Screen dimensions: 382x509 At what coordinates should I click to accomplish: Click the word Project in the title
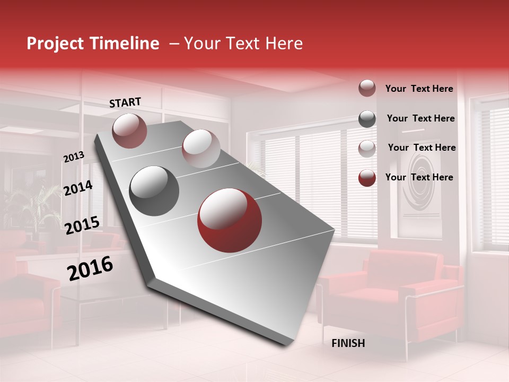[x=56, y=44]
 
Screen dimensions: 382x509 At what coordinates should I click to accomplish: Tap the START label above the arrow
[x=125, y=102]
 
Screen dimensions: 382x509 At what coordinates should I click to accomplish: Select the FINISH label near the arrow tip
[x=348, y=343]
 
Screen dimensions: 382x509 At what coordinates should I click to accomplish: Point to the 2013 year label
[x=74, y=157]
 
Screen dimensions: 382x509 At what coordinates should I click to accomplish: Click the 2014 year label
[x=78, y=188]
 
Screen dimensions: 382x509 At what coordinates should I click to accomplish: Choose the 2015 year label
[x=82, y=225]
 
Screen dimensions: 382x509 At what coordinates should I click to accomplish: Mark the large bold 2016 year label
[x=90, y=268]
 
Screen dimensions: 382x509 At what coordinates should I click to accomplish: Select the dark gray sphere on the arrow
[x=154, y=191]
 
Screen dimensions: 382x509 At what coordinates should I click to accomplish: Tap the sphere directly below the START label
[x=129, y=131]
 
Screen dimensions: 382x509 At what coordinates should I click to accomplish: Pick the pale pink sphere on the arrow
[x=201, y=149]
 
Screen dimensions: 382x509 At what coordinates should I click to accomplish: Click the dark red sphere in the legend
[x=367, y=178]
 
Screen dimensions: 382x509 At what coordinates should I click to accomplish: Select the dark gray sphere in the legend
[x=367, y=119]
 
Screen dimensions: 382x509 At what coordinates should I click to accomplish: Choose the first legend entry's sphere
[x=367, y=89]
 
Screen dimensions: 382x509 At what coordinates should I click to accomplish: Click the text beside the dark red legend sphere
[x=419, y=177]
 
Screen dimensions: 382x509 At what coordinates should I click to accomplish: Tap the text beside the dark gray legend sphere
[x=420, y=118]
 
